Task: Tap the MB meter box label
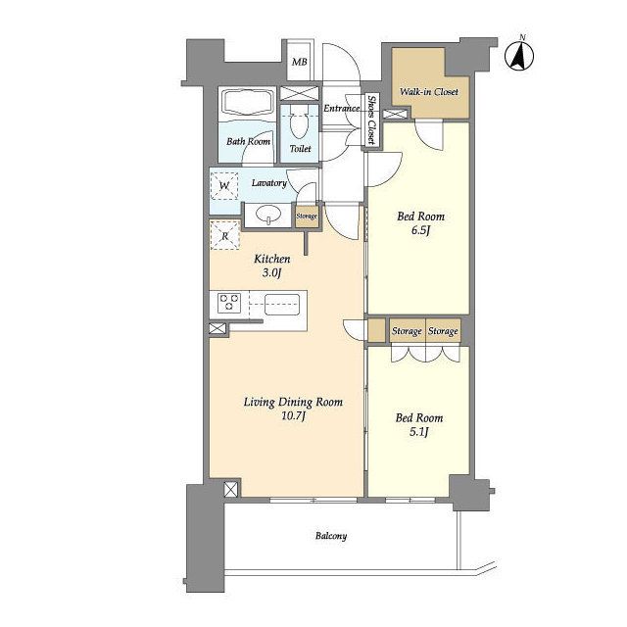(x=300, y=62)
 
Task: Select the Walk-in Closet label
(x=429, y=91)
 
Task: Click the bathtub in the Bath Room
(x=248, y=103)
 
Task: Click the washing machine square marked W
(x=224, y=186)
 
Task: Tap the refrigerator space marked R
(x=224, y=235)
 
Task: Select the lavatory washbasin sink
(x=267, y=214)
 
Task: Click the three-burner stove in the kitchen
(x=229, y=303)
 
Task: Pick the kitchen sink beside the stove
(x=282, y=305)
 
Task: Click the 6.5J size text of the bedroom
(x=420, y=231)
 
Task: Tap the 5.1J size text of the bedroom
(x=419, y=432)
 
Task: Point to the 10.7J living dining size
(x=294, y=416)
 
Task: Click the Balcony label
(x=331, y=536)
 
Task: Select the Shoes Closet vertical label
(x=371, y=120)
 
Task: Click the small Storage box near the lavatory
(x=307, y=216)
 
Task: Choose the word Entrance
(x=341, y=109)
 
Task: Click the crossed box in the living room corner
(x=231, y=490)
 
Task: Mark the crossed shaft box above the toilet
(x=300, y=93)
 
